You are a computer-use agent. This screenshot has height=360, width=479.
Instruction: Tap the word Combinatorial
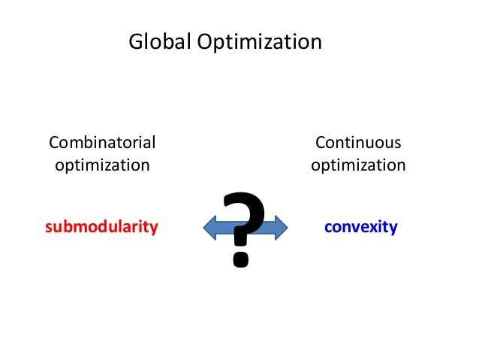click(x=102, y=142)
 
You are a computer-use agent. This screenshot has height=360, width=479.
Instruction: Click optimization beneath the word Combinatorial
click(x=102, y=165)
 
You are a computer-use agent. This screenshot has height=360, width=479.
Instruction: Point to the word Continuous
click(x=358, y=142)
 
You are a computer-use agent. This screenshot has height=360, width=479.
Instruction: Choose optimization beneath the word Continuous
click(x=358, y=165)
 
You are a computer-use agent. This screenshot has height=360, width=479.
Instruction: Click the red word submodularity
click(x=101, y=226)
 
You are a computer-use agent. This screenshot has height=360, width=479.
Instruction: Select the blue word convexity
click(x=360, y=226)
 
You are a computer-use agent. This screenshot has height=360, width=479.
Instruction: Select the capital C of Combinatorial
click(x=53, y=142)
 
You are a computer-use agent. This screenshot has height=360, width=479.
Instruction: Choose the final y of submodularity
click(x=154, y=228)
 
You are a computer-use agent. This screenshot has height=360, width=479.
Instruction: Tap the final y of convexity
click(x=393, y=228)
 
